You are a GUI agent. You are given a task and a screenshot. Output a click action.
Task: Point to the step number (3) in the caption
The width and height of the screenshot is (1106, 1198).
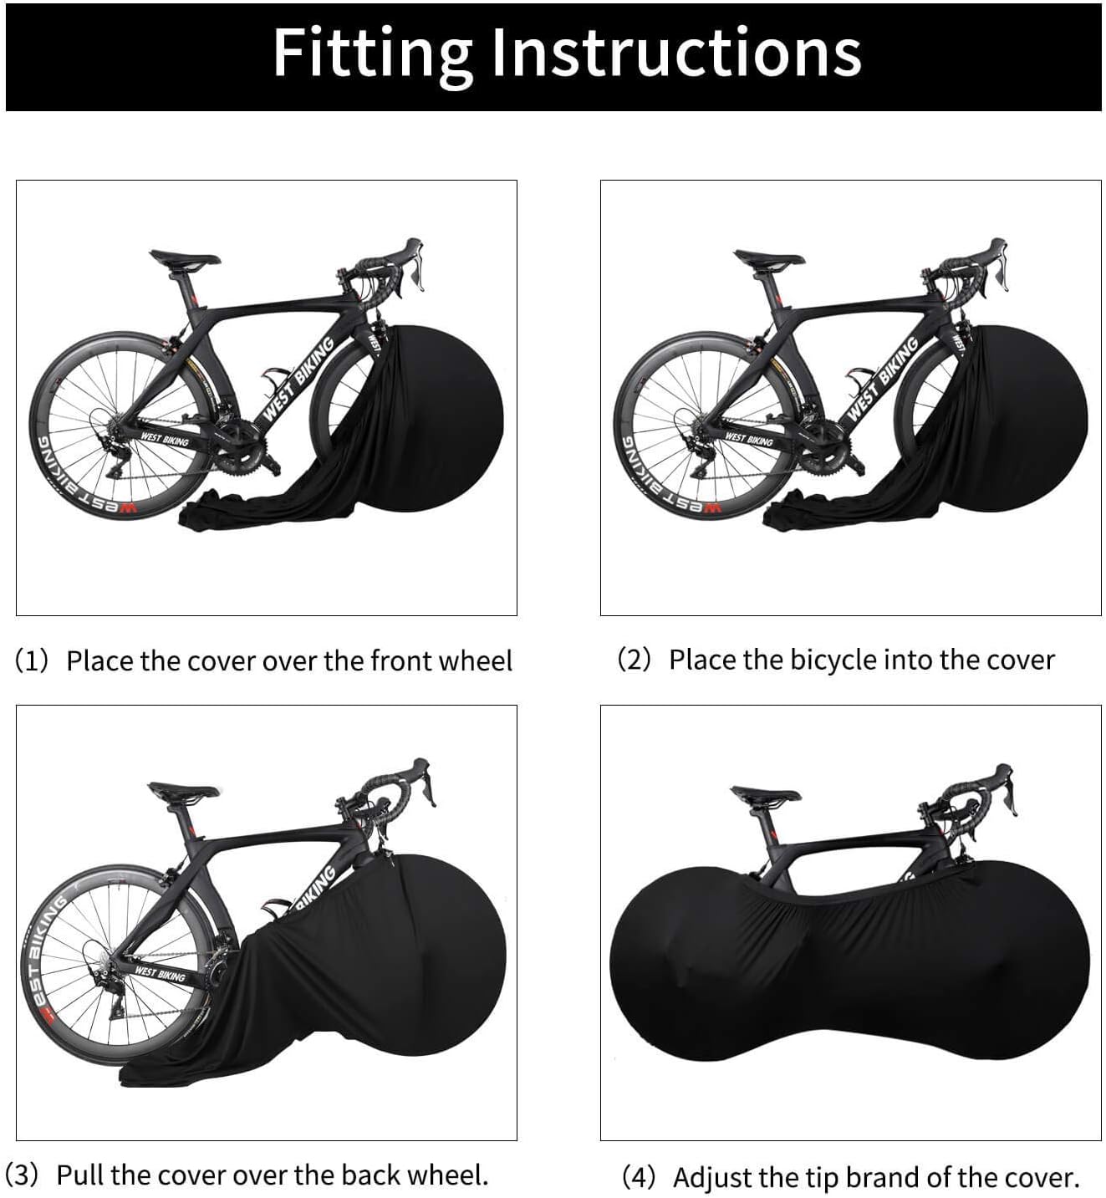click(23, 1175)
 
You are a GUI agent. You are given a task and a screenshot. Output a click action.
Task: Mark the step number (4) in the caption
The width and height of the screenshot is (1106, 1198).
click(640, 1177)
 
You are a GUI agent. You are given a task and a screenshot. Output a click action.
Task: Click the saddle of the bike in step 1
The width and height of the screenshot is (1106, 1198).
click(185, 258)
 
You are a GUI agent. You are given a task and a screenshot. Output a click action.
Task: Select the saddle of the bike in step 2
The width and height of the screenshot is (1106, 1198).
click(769, 258)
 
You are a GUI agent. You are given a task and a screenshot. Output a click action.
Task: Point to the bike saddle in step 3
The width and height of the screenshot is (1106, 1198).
click(184, 790)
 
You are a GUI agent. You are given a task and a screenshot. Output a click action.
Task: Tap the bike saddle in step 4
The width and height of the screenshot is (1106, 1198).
click(766, 793)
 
